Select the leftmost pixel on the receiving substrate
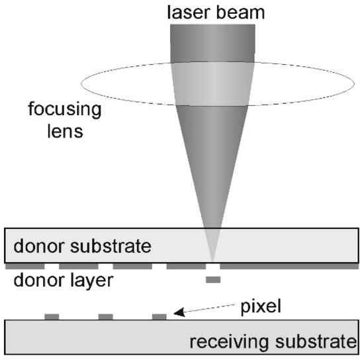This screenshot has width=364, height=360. click(x=52, y=316)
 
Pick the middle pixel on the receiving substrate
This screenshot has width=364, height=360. click(x=105, y=316)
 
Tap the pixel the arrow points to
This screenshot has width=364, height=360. click(x=159, y=316)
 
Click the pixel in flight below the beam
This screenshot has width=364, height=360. click(x=212, y=281)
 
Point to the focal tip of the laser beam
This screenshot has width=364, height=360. click(x=212, y=259)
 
